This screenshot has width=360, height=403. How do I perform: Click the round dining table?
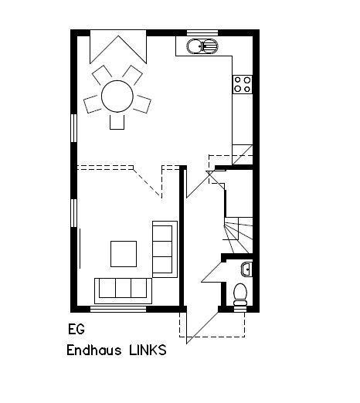(117, 97)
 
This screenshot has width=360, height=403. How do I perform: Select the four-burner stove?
(243, 83)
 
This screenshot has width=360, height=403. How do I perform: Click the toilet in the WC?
(240, 293)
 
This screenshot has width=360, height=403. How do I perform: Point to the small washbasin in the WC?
(246, 269)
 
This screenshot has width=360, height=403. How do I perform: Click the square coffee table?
(124, 252)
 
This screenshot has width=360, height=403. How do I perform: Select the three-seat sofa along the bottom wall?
(122, 289)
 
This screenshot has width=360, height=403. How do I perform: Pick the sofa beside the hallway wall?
(164, 247)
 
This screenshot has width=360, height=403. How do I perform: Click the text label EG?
(76, 327)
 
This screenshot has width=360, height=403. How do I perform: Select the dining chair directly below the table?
(117, 121)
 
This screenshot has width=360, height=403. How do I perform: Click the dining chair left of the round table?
(90, 102)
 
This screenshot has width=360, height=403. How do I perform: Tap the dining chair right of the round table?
(144, 102)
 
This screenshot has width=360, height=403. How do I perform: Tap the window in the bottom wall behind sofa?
(119, 308)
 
